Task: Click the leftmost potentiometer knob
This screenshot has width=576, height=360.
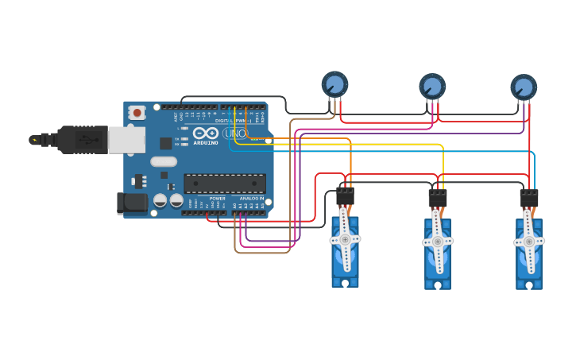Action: pyautogui.click(x=334, y=83)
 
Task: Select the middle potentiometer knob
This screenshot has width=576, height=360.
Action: pyautogui.click(x=432, y=86)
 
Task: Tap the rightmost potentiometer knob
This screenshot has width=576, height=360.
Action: pyautogui.click(x=524, y=87)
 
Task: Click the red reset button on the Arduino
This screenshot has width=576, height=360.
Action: pyautogui.click(x=137, y=113)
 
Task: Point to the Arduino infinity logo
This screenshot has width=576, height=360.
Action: pyautogui.click(x=205, y=133)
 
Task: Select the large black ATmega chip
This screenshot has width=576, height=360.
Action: pyautogui.click(x=225, y=184)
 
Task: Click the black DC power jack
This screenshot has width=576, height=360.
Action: pyautogui.click(x=132, y=203)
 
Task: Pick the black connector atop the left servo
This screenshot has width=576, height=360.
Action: pyautogui.click(x=345, y=196)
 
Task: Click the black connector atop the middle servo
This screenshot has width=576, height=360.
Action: pyautogui.click(x=438, y=198)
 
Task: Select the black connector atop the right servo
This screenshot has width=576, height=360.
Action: pyautogui.click(x=529, y=198)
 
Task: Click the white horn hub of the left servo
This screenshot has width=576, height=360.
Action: pyautogui.click(x=345, y=238)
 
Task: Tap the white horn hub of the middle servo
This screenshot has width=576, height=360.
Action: pyautogui.click(x=438, y=241)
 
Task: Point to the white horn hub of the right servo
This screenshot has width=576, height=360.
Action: pyautogui.click(x=529, y=241)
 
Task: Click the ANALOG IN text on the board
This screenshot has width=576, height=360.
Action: pyautogui.click(x=251, y=198)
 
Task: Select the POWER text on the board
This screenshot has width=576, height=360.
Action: pyautogui.click(x=217, y=198)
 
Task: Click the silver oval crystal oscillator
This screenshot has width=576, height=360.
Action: pyautogui.click(x=163, y=162)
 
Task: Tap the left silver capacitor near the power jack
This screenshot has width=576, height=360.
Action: pyautogui.click(x=160, y=200)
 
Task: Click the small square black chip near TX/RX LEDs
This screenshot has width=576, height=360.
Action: pyautogui.click(x=166, y=143)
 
